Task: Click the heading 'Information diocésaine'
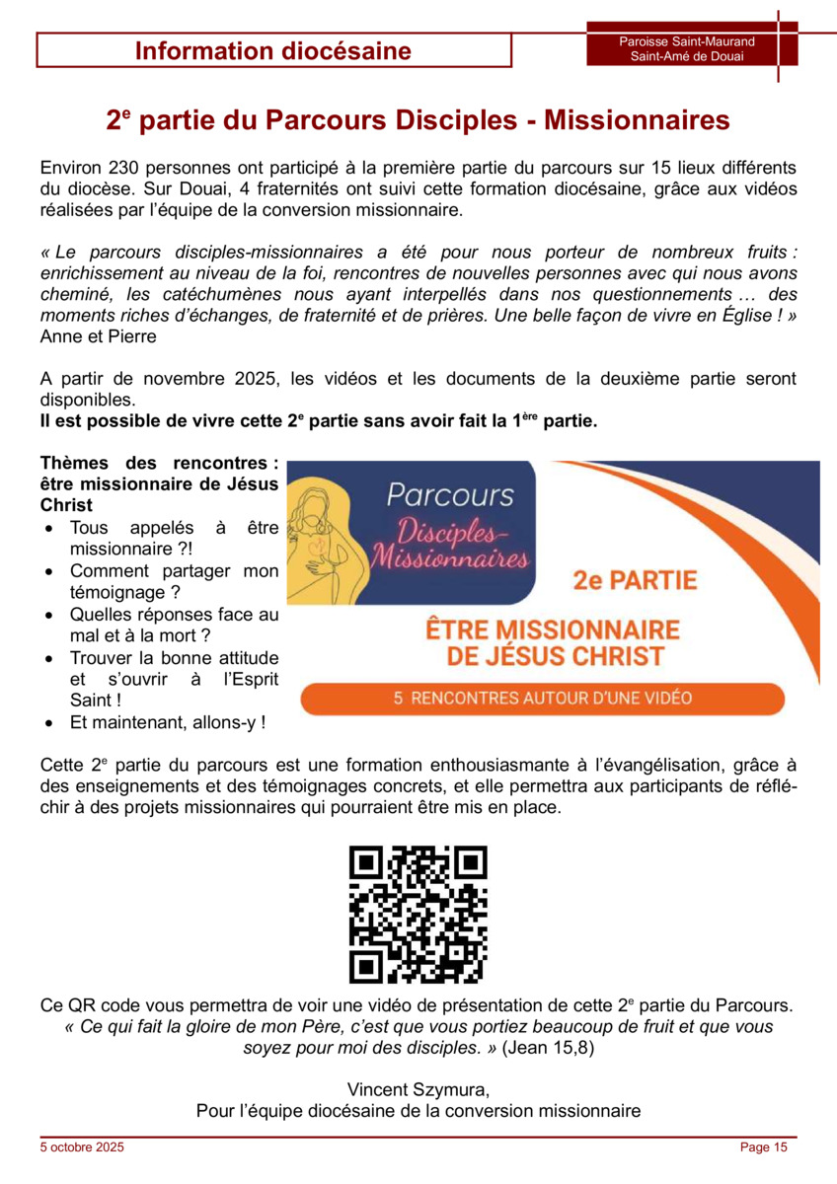273,51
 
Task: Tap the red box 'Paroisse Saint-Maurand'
687,41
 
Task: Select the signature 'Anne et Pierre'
98,336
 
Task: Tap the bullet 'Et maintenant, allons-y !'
168,722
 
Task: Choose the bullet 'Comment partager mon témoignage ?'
174,581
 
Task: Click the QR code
418,916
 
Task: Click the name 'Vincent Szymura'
417,1089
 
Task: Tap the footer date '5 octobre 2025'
82,1147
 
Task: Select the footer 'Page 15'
764,1147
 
